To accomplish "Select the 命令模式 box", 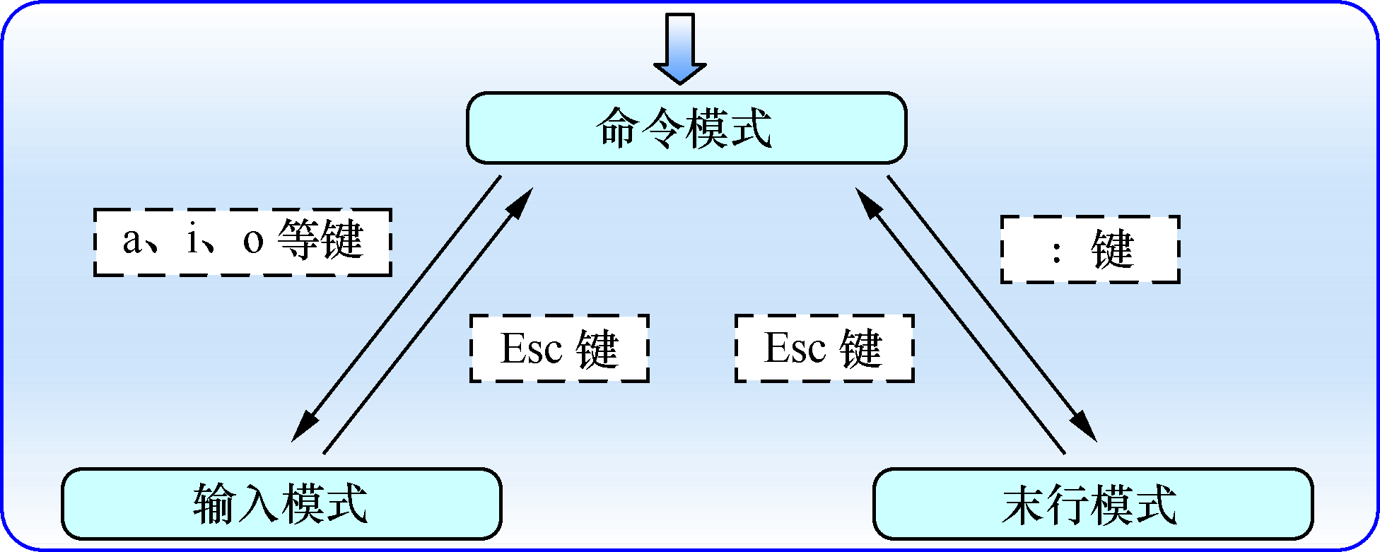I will (x=686, y=128).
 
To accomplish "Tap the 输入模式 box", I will (x=281, y=504).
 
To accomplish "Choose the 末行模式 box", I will (x=1092, y=504).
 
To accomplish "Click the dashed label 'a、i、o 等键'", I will (x=242, y=242).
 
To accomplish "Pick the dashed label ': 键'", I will (x=1090, y=249).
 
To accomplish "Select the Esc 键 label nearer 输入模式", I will (x=559, y=348).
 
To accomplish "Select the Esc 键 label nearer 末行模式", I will (x=824, y=348).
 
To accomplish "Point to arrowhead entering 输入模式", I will (x=304, y=426).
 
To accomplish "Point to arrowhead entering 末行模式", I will (x=1084, y=426).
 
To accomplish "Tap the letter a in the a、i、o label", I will (x=132, y=241).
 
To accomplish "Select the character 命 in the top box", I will (x=618, y=129).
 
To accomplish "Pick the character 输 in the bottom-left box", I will (x=214, y=504).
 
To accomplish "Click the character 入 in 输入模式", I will (x=258, y=504).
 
